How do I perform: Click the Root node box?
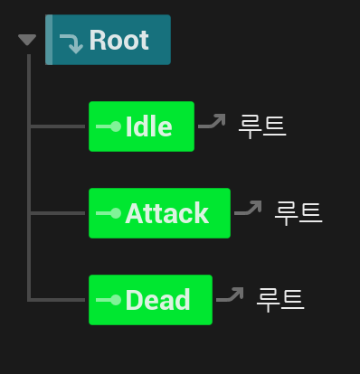(108, 40)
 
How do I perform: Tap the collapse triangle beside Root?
(27, 40)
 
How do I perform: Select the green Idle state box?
(141, 126)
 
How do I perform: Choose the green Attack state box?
(159, 213)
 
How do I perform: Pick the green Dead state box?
(150, 300)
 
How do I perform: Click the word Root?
(118, 40)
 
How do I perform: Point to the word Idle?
(148, 126)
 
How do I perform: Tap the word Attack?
(166, 213)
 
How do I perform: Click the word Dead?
(157, 300)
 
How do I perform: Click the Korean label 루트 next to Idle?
(262, 127)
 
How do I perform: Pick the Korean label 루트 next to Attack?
(298, 214)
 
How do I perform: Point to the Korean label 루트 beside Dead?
(280, 301)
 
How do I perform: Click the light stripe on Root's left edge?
(49, 40)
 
